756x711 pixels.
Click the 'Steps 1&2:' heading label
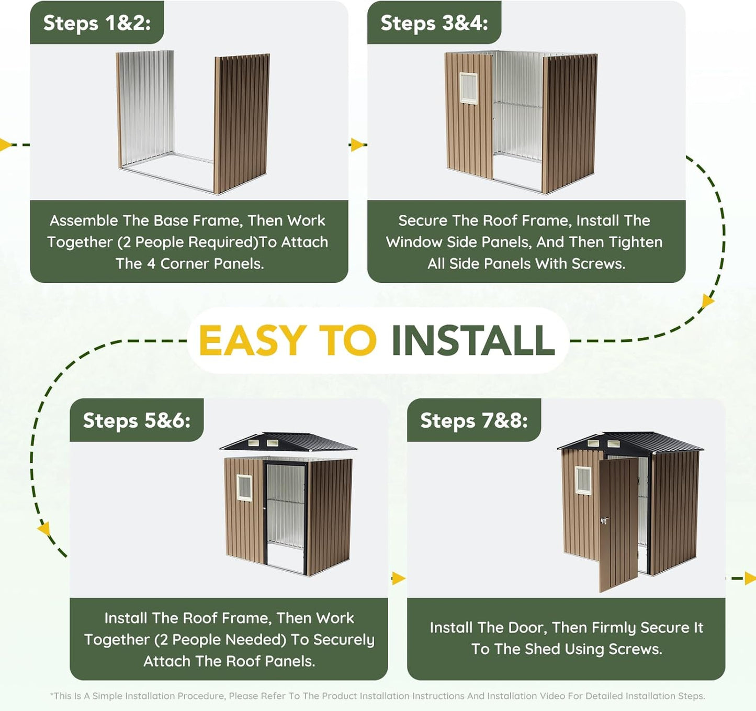[x=97, y=23]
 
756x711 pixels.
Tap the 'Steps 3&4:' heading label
[x=434, y=23]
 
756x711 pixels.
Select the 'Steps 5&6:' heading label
[x=137, y=420]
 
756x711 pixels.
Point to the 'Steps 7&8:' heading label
[x=474, y=420]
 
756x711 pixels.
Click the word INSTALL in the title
[x=473, y=340]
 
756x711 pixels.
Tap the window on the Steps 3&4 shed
[x=468, y=88]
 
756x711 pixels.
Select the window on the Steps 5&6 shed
[x=244, y=488]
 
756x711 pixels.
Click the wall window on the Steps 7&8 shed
[x=583, y=481]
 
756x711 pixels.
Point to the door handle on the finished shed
[x=604, y=520]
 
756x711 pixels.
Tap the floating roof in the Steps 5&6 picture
[x=288, y=442]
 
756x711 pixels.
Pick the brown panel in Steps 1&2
[x=242, y=124]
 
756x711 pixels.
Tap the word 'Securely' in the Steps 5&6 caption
[x=344, y=640]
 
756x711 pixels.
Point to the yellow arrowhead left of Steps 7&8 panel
[x=398, y=579]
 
